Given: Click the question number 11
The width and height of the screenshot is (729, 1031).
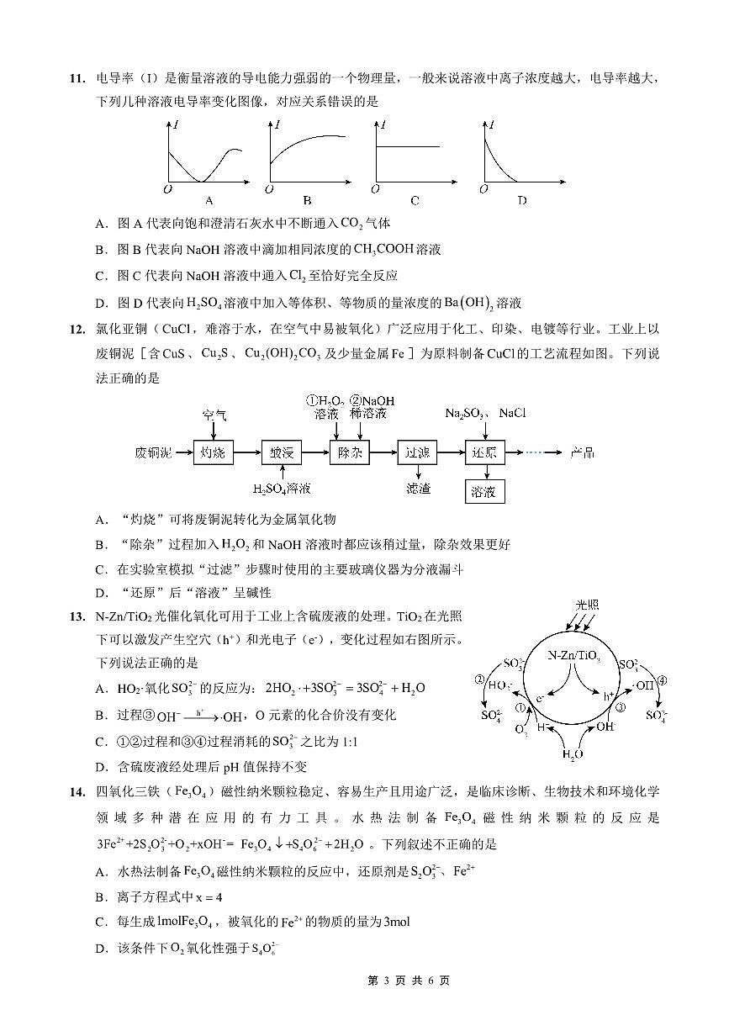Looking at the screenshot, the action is pyautogui.click(x=77, y=79).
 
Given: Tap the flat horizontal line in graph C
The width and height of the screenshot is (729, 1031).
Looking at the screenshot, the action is pyautogui.click(x=408, y=147).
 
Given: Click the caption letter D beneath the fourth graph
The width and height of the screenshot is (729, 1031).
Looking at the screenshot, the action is pyautogui.click(x=522, y=201).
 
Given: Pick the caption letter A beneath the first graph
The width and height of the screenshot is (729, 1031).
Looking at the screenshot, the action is pyautogui.click(x=209, y=201).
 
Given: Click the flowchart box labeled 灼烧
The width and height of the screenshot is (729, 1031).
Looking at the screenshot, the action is pyautogui.click(x=214, y=452).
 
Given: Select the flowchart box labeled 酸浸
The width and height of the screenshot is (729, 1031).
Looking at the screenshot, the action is pyautogui.click(x=281, y=452).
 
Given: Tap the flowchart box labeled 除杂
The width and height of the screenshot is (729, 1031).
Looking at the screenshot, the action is pyautogui.click(x=348, y=452).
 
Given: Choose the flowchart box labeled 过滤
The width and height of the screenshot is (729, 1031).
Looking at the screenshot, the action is pyautogui.click(x=417, y=452).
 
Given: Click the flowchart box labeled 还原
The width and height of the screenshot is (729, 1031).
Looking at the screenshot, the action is pyautogui.click(x=484, y=452).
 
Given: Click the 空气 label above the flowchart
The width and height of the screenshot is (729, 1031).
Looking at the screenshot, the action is pyautogui.click(x=214, y=415).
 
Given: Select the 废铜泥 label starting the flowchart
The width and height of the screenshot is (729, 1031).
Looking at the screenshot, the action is pyautogui.click(x=153, y=452).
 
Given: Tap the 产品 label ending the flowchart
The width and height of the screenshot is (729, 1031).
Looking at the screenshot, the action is pyautogui.click(x=582, y=452).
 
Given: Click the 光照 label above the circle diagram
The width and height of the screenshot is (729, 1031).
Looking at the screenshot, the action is pyautogui.click(x=587, y=605).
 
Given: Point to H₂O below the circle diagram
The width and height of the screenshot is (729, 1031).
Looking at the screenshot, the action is pyautogui.click(x=573, y=754).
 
